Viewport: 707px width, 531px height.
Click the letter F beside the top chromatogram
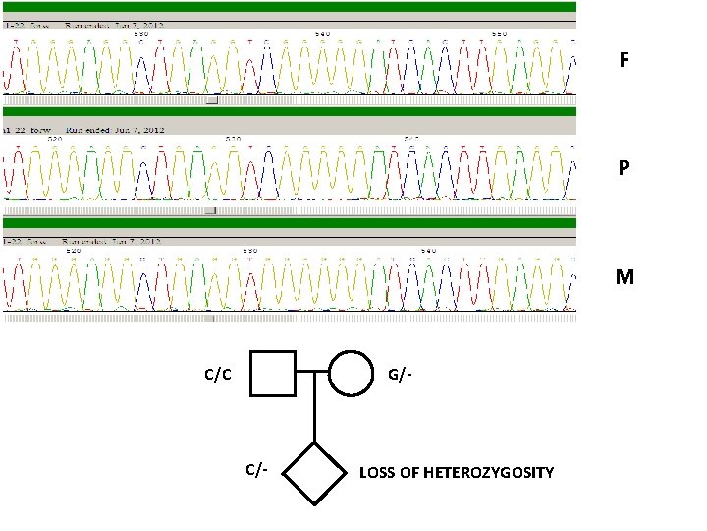point(625,61)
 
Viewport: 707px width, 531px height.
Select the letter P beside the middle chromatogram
point(625,168)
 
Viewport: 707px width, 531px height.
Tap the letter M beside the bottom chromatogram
point(625,277)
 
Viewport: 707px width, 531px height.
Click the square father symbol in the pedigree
point(272,374)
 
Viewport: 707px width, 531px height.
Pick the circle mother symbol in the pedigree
point(352,374)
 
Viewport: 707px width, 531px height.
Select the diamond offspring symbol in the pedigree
point(314,473)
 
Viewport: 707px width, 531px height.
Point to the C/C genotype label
point(217,375)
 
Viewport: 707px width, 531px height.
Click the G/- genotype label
point(400,375)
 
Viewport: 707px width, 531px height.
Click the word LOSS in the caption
point(377,473)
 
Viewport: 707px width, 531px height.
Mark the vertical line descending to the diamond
point(314,408)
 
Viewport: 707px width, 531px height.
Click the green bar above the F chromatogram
point(290,7)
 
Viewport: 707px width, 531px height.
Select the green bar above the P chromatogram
point(290,112)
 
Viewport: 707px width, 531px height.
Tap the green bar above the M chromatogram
point(290,223)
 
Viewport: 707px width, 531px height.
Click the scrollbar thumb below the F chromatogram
point(212,100)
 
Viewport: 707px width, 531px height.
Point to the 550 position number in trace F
point(500,33)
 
